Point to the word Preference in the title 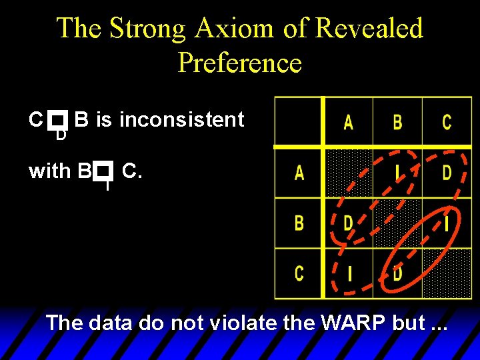(240, 63)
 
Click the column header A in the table (348, 122)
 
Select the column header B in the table (397, 122)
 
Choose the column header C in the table (447, 122)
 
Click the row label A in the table (299, 173)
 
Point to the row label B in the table (299, 223)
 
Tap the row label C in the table (299, 273)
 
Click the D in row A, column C (447, 173)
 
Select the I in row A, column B (397, 173)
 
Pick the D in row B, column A (348, 223)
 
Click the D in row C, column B (397, 273)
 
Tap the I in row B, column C (447, 223)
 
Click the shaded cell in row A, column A (348, 173)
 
